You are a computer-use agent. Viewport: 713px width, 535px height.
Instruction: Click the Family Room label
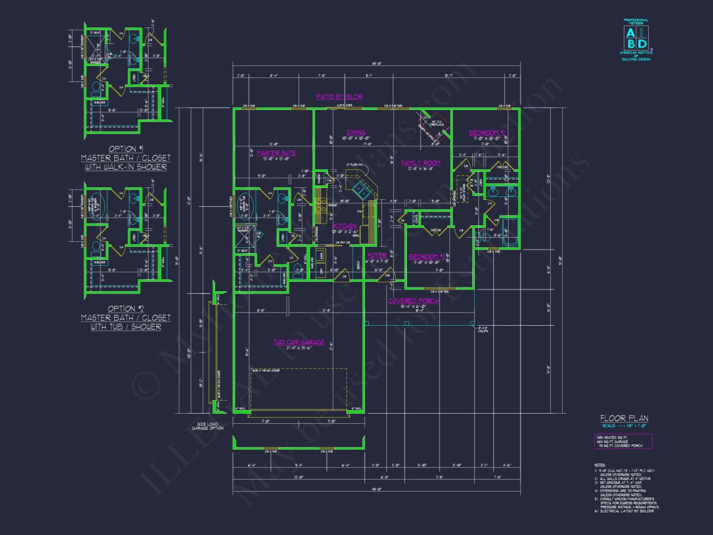click(x=420, y=163)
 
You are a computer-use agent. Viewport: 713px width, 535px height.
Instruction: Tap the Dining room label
click(x=356, y=133)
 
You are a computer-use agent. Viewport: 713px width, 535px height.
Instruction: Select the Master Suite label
click(x=276, y=153)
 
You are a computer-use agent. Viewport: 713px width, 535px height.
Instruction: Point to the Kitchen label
click(x=345, y=226)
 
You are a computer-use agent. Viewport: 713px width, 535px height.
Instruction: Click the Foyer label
click(x=377, y=256)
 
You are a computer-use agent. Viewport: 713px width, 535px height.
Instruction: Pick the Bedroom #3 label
click(x=427, y=257)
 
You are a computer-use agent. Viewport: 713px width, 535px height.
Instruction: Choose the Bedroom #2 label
click(x=487, y=133)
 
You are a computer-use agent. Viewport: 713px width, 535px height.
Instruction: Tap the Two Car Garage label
click(x=299, y=342)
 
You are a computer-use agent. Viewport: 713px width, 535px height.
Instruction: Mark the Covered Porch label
click(x=414, y=301)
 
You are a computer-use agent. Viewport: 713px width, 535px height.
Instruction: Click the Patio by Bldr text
click(x=339, y=96)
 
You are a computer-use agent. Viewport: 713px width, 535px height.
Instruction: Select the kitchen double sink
click(x=361, y=190)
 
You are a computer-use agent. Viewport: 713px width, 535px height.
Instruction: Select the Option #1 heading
click(x=125, y=149)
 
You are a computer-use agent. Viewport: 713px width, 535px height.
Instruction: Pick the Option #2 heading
click(x=125, y=309)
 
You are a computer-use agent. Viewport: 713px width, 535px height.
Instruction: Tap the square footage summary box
click(x=623, y=441)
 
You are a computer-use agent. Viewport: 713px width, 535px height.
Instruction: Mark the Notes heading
click(x=600, y=465)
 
